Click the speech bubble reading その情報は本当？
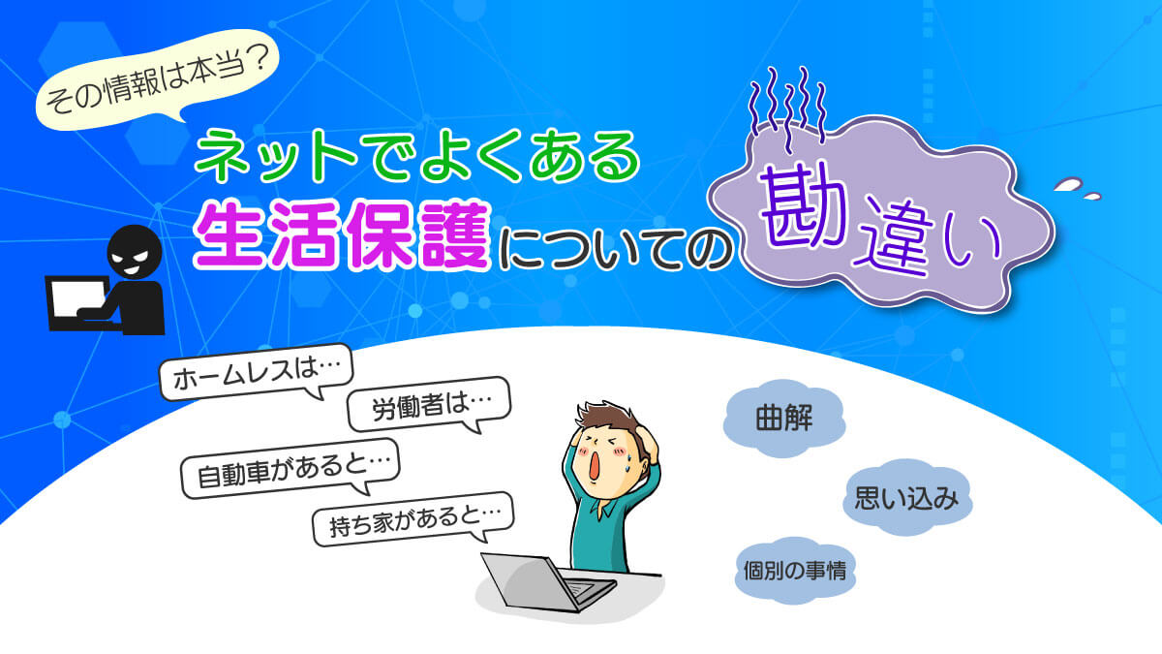(157, 82)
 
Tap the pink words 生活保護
(342, 235)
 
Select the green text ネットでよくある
(416, 156)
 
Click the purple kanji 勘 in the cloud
(803, 207)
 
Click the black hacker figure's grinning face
(134, 252)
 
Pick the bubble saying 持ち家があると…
(413, 519)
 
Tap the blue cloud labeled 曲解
(783, 418)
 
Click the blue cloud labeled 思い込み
(907, 497)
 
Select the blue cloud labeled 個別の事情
(795, 570)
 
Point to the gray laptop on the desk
(549, 582)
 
